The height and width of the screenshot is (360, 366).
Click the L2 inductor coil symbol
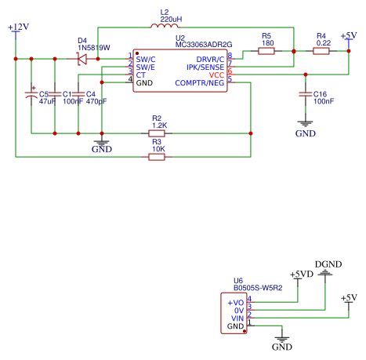(x=165, y=26)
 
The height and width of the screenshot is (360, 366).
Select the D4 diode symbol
(x=82, y=59)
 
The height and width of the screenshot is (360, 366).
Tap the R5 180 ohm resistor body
(x=266, y=51)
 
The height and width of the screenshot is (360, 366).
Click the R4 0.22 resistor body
(x=321, y=51)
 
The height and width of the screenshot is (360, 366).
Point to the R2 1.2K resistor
(x=157, y=133)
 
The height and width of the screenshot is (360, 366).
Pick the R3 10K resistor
(x=157, y=157)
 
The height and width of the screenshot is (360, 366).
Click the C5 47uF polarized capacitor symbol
(x=31, y=94)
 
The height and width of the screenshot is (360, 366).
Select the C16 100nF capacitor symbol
(x=306, y=94)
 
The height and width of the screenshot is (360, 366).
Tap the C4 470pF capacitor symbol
(x=78, y=94)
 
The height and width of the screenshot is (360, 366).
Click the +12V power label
(x=18, y=27)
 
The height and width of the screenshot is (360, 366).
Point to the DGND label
(x=328, y=264)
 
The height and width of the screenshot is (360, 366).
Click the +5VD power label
(x=302, y=274)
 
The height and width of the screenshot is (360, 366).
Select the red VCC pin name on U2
(x=216, y=75)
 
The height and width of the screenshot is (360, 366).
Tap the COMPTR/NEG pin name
(x=200, y=83)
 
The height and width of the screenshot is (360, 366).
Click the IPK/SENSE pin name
(x=205, y=67)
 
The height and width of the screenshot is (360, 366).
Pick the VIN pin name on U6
(x=237, y=318)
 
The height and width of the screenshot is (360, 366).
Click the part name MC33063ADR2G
(x=204, y=45)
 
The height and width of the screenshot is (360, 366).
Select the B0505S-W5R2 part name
(x=258, y=288)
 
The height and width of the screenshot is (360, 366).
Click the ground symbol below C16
(x=305, y=123)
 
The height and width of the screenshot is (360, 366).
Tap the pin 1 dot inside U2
(x=137, y=53)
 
